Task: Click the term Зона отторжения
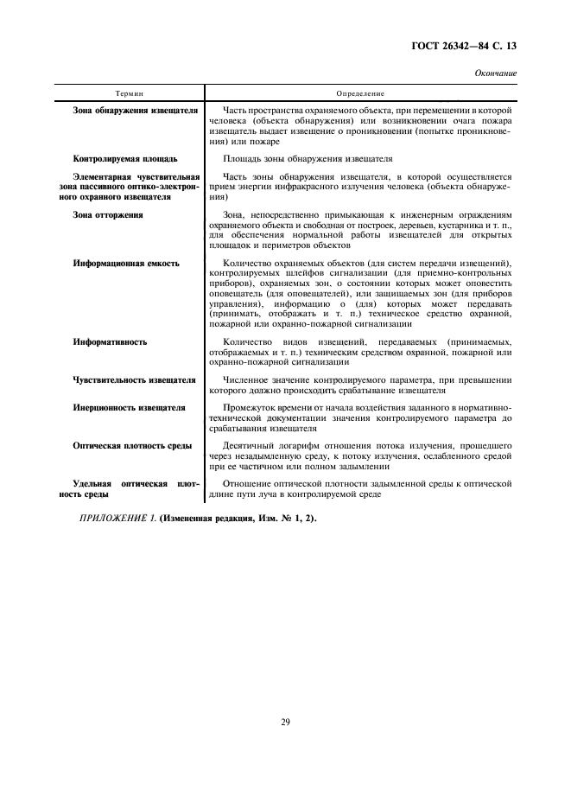tap(108, 213)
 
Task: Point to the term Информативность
tap(110, 342)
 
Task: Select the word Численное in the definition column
tap(249, 379)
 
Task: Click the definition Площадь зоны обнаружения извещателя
tap(308, 159)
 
